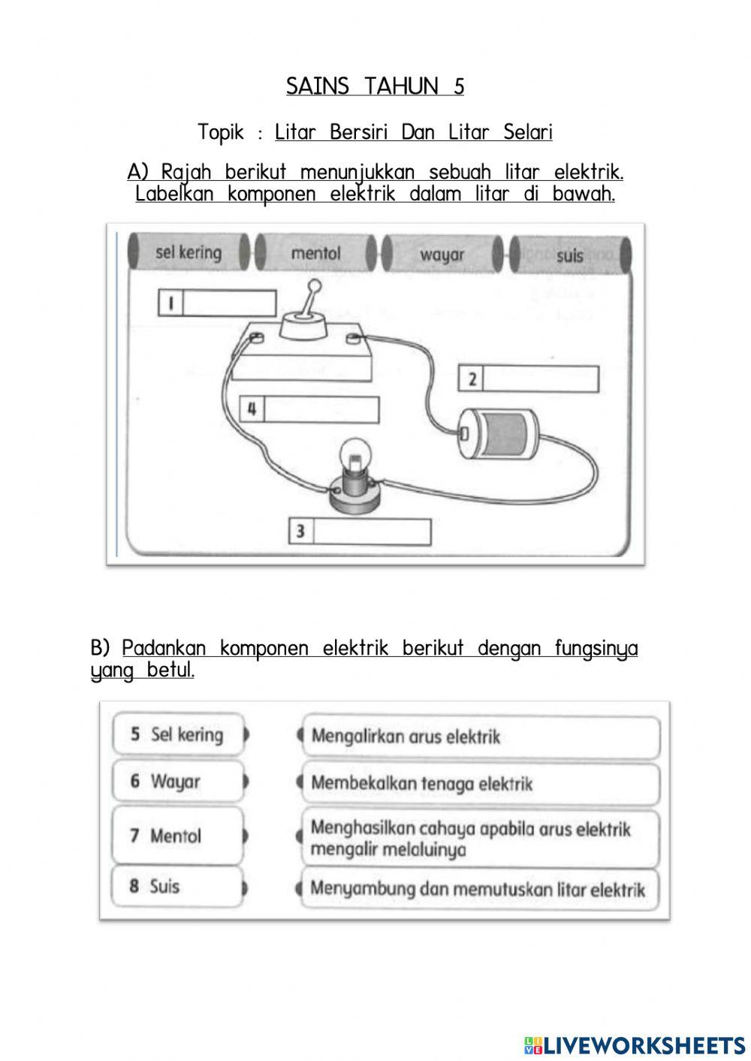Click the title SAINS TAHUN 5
(375, 86)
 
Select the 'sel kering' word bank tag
(189, 252)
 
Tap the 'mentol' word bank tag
(315, 253)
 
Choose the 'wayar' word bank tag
(442, 255)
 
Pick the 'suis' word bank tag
(570, 255)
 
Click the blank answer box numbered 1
(229, 303)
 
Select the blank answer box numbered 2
(540, 379)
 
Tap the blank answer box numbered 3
(372, 532)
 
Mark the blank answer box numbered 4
(321, 410)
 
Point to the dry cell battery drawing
(499, 433)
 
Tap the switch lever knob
(315, 286)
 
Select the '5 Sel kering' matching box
(179, 734)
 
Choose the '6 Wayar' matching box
(179, 782)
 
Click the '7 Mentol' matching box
(179, 835)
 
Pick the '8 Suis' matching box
(179, 886)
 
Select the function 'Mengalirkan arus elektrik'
(481, 737)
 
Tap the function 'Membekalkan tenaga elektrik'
(481, 784)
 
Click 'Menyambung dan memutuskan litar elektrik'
(481, 890)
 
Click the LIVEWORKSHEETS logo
(635, 1044)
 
